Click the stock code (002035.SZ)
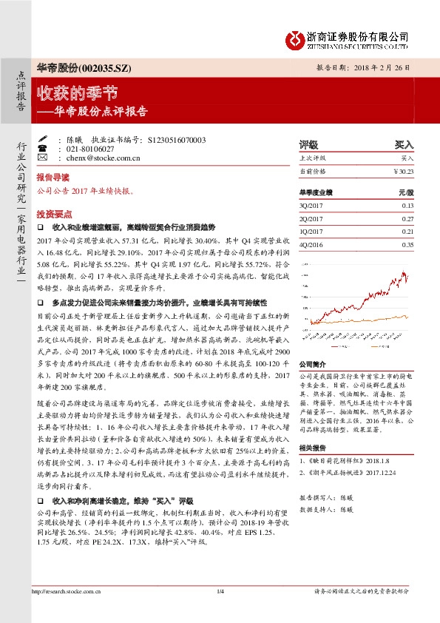click(x=106, y=68)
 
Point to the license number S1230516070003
click(x=177, y=139)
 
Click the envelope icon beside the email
click(x=42, y=158)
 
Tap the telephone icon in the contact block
click(x=42, y=149)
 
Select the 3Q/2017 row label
click(x=310, y=205)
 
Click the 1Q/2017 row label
click(x=310, y=232)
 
